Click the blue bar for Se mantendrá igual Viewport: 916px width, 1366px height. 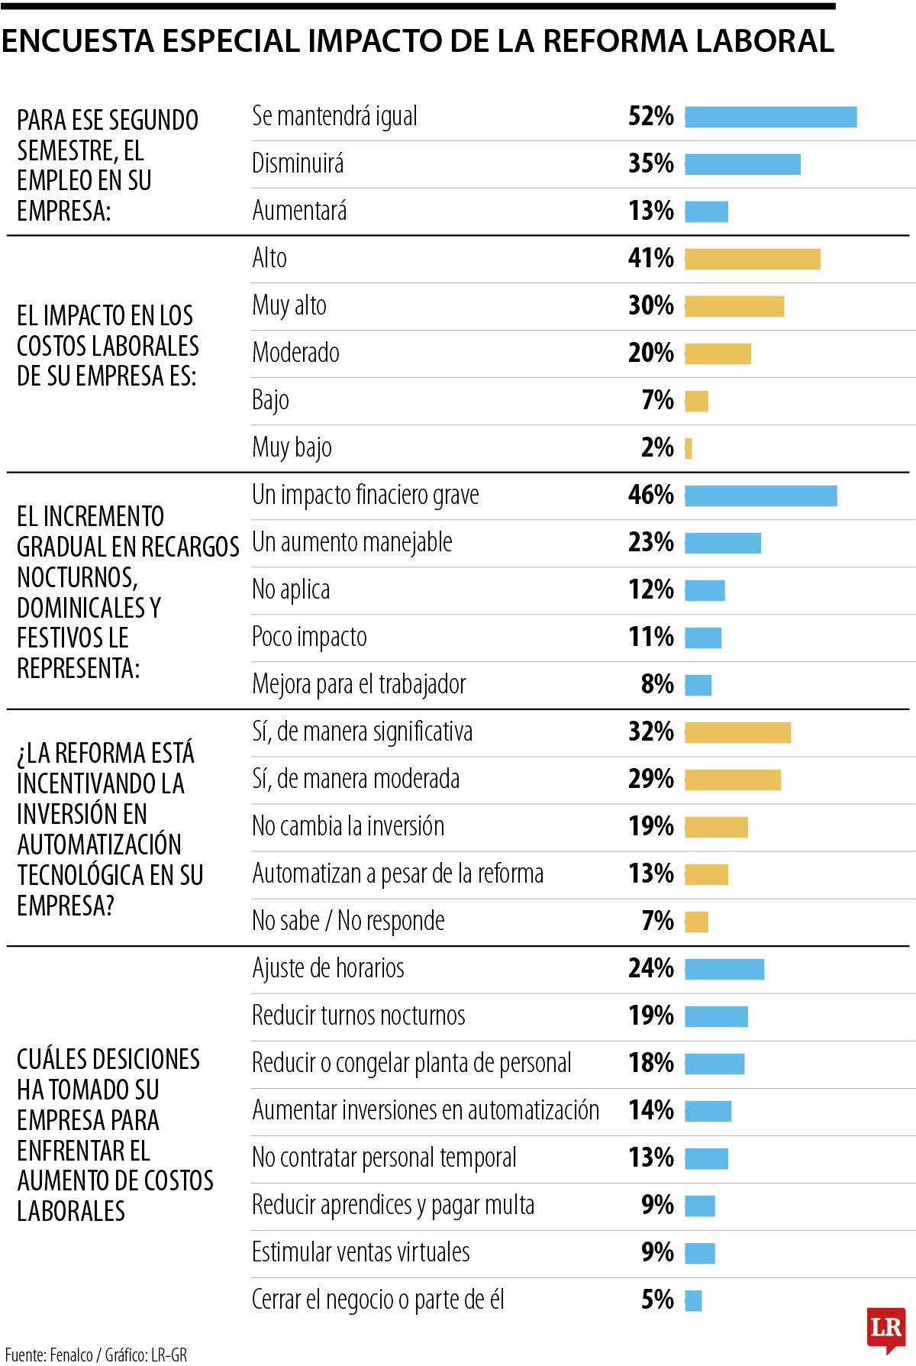pyautogui.click(x=770, y=117)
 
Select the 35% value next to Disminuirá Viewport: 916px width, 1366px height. pyautogui.click(x=650, y=163)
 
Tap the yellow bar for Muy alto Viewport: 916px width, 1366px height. pyautogui.click(x=734, y=306)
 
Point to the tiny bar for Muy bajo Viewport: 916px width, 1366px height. pyautogui.click(x=689, y=448)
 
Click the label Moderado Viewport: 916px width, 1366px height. pyautogui.click(x=295, y=353)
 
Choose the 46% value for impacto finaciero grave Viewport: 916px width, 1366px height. pyautogui.click(x=650, y=495)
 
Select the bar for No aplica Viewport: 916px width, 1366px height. pyautogui.click(x=705, y=590)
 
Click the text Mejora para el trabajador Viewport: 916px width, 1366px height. pyautogui.click(x=359, y=684)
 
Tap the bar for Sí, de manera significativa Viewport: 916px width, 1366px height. pyautogui.click(x=737, y=732)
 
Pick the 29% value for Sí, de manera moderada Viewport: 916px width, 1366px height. pyautogui.click(x=650, y=779)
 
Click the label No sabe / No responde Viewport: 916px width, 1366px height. pyautogui.click(x=348, y=921)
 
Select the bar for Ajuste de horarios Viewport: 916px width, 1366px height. pyautogui.click(x=724, y=969)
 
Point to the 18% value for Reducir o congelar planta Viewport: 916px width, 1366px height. pyautogui.click(x=650, y=1063)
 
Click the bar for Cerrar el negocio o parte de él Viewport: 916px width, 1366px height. pyautogui.click(x=693, y=1300)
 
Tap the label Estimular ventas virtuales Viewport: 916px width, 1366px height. pyautogui.click(x=360, y=1252)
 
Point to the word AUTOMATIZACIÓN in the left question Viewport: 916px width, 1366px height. pyautogui.click(x=99, y=844)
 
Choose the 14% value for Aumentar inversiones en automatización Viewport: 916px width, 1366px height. pyautogui.click(x=650, y=1110)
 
